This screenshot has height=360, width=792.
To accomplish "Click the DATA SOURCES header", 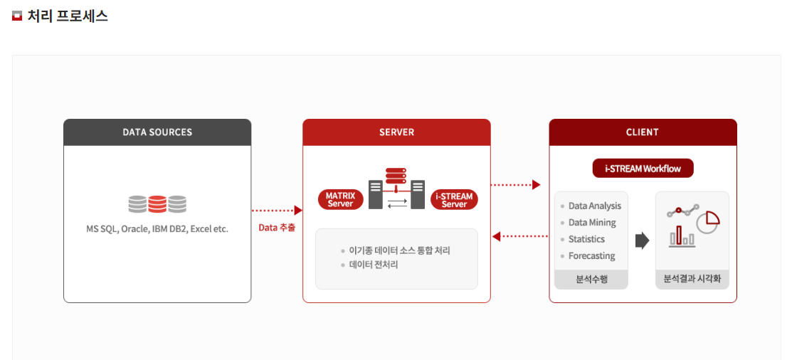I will pyautogui.click(x=157, y=132).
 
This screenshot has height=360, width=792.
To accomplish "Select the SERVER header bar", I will pyautogui.click(x=396, y=132).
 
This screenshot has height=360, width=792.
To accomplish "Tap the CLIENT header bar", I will pyautogui.click(x=643, y=132).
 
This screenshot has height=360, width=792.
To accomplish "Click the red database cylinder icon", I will pyautogui.click(x=157, y=205).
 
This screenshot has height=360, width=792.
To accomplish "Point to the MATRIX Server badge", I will pyautogui.click(x=340, y=200).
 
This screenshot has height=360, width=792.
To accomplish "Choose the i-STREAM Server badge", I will pyautogui.click(x=454, y=200).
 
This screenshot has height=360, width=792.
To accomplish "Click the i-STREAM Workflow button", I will pyautogui.click(x=643, y=169).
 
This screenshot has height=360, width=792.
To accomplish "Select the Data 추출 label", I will pyautogui.click(x=277, y=228).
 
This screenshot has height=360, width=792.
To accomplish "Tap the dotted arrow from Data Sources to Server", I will pyautogui.click(x=277, y=211).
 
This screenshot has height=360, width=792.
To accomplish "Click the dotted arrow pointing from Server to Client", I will pyautogui.click(x=516, y=185).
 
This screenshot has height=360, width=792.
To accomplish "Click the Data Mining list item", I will pyautogui.click(x=592, y=223).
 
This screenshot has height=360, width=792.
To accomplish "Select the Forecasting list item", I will pyautogui.click(x=591, y=256).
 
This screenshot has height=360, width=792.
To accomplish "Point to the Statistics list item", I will pyautogui.click(x=586, y=240).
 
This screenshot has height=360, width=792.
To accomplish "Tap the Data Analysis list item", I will pyautogui.click(x=594, y=206).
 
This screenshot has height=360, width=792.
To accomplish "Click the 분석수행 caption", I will pyautogui.click(x=591, y=280).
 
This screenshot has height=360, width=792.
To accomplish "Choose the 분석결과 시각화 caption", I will pyautogui.click(x=692, y=280).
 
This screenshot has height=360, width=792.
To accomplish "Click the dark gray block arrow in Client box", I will pyautogui.click(x=642, y=240).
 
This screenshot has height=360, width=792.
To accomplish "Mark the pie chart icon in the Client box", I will pyautogui.click(x=708, y=221).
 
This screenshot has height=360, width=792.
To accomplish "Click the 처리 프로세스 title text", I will pyautogui.click(x=68, y=16).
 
